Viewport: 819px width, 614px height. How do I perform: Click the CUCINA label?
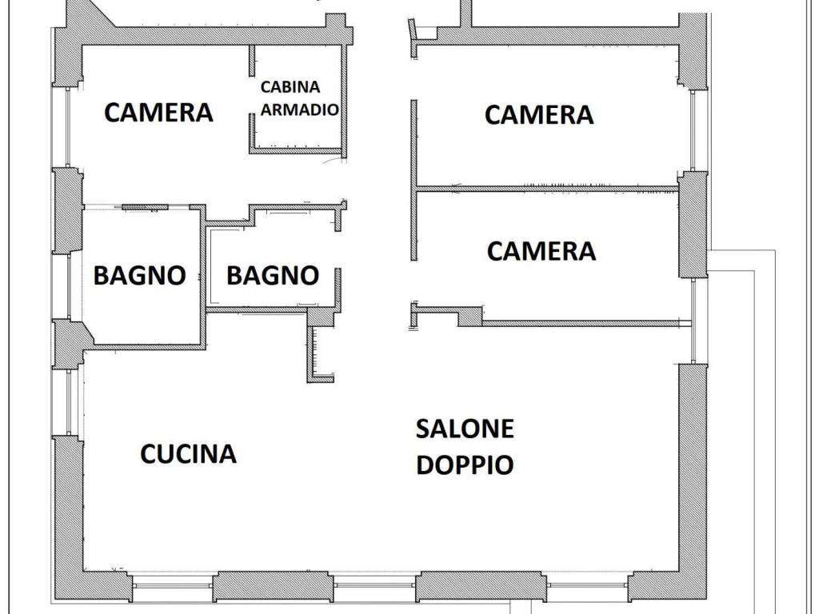(x=188, y=453)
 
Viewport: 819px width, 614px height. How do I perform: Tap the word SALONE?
(x=465, y=429)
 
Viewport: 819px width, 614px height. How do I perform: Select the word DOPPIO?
(x=465, y=464)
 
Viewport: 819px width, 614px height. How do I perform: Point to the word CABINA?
(x=290, y=86)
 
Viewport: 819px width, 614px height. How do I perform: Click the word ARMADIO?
(x=299, y=109)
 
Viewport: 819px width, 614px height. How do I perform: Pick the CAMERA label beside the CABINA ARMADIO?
(x=159, y=112)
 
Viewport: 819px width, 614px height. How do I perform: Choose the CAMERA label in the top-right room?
(x=539, y=115)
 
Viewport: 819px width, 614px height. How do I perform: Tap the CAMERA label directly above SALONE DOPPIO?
(x=541, y=251)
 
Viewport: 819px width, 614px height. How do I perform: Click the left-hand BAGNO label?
(x=139, y=275)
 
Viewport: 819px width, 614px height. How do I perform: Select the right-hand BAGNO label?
(x=273, y=275)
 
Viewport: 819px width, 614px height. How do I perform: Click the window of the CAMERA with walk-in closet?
(x=68, y=127)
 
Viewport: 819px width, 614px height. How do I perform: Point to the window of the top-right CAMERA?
(x=693, y=130)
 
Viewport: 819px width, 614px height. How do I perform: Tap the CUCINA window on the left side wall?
(x=72, y=402)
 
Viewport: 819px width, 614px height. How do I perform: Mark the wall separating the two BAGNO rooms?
(x=203, y=277)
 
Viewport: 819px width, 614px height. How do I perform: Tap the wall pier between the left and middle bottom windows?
(x=274, y=586)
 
